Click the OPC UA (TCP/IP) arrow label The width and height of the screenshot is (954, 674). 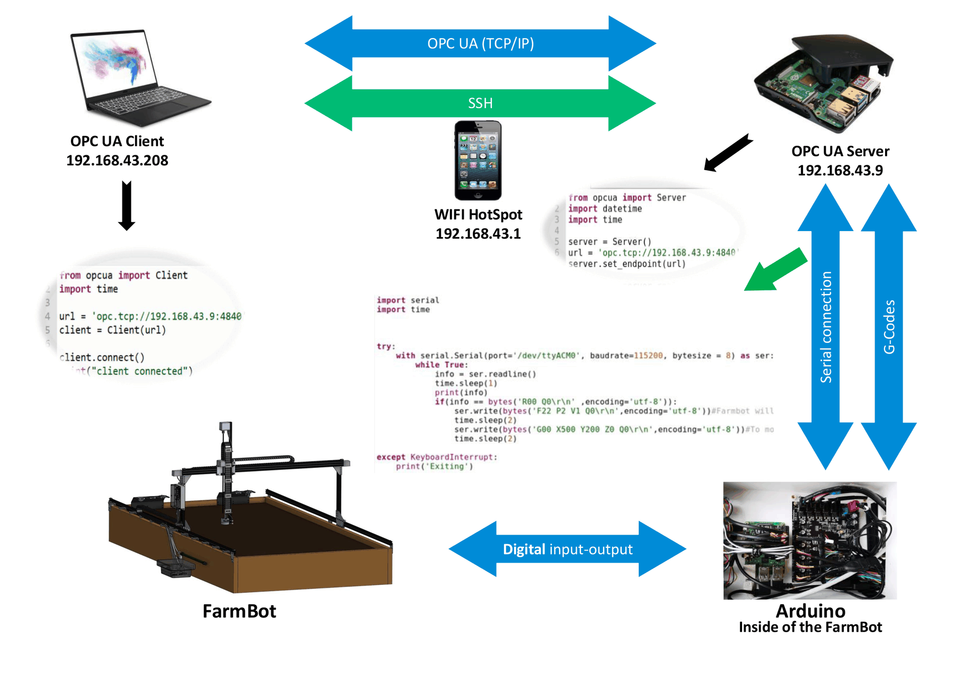[x=480, y=43]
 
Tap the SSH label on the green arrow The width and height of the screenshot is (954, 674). [x=480, y=103]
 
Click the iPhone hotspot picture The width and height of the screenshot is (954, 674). [x=478, y=160]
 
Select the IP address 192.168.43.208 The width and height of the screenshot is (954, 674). [x=117, y=161]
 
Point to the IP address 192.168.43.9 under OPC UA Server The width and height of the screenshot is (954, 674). [x=840, y=171]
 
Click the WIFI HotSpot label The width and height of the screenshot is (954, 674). [x=478, y=215]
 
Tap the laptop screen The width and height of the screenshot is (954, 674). [x=114, y=63]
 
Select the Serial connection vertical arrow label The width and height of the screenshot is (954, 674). [x=826, y=327]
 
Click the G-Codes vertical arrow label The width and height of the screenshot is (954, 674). [x=889, y=327]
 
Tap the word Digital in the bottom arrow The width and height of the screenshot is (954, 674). [x=524, y=549]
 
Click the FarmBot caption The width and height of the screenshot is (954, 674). [x=239, y=611]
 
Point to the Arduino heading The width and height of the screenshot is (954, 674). [x=810, y=611]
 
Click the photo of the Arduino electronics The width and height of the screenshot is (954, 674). [x=809, y=540]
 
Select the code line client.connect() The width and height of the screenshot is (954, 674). [x=102, y=358]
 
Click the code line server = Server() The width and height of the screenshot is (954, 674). [x=609, y=242]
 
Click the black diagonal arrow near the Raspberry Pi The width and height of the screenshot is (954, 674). [x=728, y=153]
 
